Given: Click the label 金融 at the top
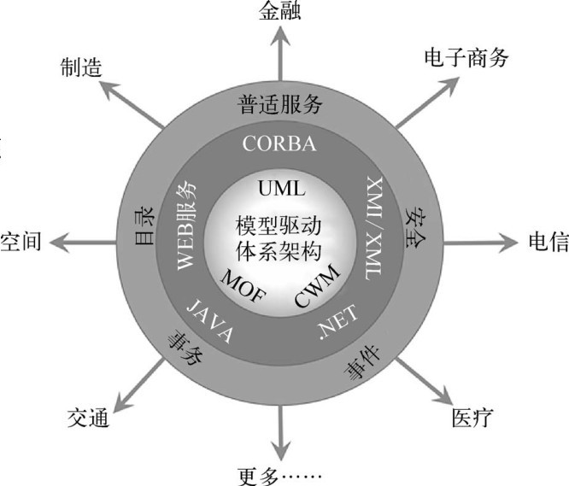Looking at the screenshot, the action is click(x=279, y=10).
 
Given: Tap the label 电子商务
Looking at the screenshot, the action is click(x=466, y=58).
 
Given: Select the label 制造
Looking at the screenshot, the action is click(x=81, y=67).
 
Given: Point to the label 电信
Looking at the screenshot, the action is click(x=548, y=242).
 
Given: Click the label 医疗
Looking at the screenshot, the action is click(x=472, y=418).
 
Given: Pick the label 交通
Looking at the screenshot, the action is click(x=88, y=418).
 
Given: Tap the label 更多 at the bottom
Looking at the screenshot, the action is click(x=258, y=476).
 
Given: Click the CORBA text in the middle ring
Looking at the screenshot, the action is click(x=279, y=143).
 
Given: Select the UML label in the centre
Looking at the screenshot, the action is click(x=282, y=189).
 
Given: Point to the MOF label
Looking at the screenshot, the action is click(x=243, y=286).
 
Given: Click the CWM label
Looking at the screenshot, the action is click(x=317, y=285).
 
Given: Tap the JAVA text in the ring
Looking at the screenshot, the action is click(x=210, y=320).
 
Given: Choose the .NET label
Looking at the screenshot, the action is click(x=338, y=322).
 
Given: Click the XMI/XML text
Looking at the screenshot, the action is click(x=373, y=229).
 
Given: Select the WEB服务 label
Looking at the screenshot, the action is click(x=186, y=225).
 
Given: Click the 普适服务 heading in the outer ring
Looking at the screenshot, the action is click(x=279, y=104).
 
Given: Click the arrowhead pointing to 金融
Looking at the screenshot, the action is click(x=279, y=36).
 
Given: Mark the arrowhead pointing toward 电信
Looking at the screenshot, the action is click(x=508, y=243).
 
